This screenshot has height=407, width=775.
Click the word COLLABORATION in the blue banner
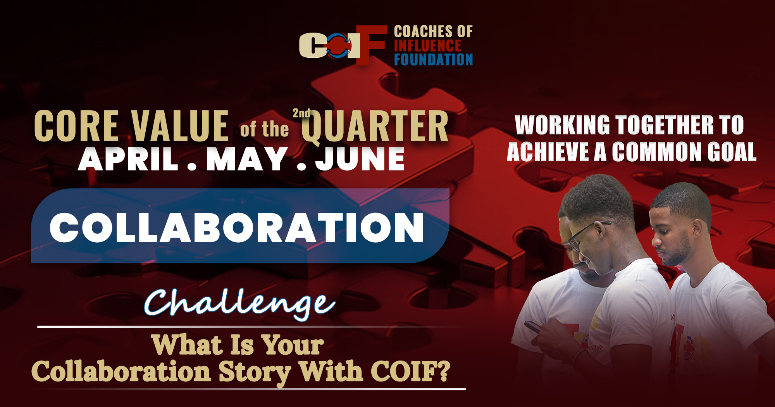(x=237, y=228)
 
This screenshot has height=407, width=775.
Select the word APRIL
(x=128, y=159)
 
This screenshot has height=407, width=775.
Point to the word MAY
(x=246, y=159)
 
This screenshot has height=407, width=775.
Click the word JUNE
(x=360, y=159)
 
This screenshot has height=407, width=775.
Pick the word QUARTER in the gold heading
(x=375, y=126)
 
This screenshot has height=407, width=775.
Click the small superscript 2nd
(x=301, y=113)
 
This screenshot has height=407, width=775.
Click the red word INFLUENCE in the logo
(x=427, y=46)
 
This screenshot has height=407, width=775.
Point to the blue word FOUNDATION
(x=433, y=60)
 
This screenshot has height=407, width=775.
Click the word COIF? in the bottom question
(x=410, y=371)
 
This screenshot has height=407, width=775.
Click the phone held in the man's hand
(x=533, y=327)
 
